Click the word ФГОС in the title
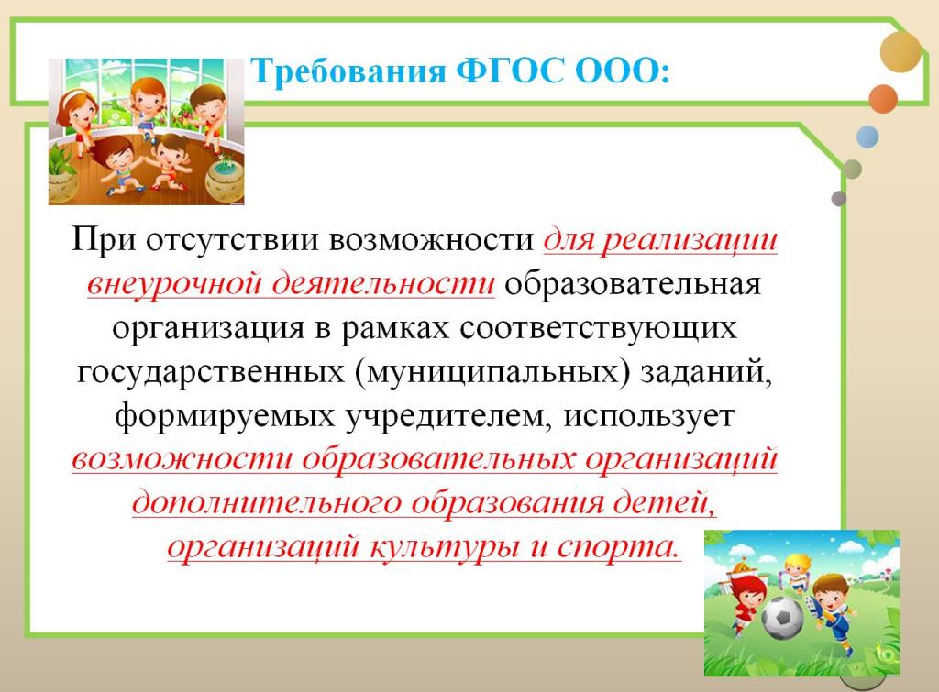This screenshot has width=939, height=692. coord(510,71)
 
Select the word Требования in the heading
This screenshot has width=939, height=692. coord(348,72)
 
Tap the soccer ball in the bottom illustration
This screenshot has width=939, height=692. coord(782,617)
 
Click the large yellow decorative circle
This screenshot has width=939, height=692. coord(900,52)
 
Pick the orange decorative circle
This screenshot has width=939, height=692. coord(883,99)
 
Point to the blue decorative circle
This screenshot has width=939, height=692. coord(867,137)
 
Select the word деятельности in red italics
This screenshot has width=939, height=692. coord(383,282)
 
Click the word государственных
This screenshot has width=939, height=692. coord(211,372)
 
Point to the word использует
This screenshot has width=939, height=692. coord(648,416)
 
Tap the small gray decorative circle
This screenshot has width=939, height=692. coord(839,199)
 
